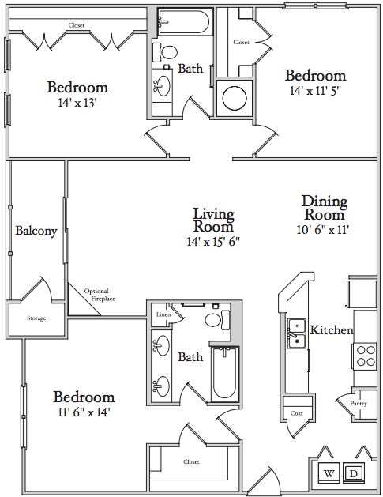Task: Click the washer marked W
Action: click(329, 473)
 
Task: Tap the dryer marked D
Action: click(354, 473)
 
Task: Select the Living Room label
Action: click(213, 220)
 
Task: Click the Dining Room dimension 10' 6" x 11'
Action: click(323, 229)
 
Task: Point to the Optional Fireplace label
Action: click(100, 295)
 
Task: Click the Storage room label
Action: click(36, 318)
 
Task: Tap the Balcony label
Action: click(36, 231)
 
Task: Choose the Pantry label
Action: click(359, 404)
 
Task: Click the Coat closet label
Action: click(296, 413)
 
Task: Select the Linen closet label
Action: click(163, 314)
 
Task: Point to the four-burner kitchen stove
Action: click(365, 356)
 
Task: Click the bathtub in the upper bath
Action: click(183, 21)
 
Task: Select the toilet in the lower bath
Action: click(218, 320)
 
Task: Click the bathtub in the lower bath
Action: click(224, 374)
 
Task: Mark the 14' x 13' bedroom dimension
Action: click(77, 103)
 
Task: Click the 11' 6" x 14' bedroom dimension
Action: click(84, 412)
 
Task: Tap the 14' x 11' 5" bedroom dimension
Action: click(315, 91)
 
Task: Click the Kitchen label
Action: click(332, 330)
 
